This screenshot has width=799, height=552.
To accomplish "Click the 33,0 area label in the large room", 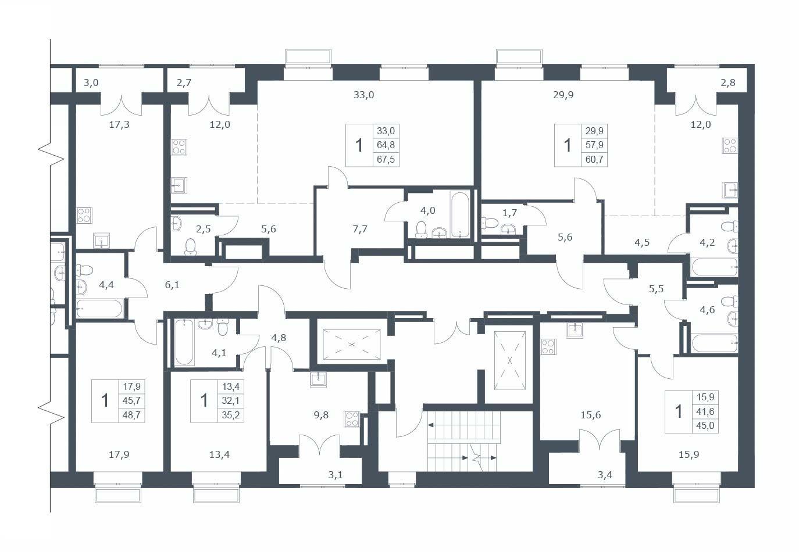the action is click(x=363, y=95).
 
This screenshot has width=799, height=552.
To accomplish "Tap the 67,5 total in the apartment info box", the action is click(x=386, y=159).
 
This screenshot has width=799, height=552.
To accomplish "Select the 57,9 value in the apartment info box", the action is click(x=594, y=145).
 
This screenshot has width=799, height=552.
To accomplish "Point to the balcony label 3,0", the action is click(x=91, y=83).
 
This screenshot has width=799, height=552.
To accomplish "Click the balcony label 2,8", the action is click(x=727, y=83).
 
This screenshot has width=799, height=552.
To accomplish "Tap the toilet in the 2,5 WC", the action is click(x=190, y=246).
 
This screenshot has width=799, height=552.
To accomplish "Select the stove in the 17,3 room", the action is click(x=84, y=215).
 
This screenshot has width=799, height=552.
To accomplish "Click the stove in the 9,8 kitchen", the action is click(x=352, y=419).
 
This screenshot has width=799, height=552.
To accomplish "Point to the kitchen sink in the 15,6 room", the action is click(x=575, y=330).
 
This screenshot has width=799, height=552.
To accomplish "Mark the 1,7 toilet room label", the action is click(x=509, y=213).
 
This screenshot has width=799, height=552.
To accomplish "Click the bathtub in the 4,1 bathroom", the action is click(x=184, y=342).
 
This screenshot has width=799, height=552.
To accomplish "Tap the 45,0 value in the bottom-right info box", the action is click(x=705, y=425).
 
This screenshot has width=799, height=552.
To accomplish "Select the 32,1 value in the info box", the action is click(x=230, y=400).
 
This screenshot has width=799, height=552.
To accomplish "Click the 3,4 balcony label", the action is click(x=605, y=475).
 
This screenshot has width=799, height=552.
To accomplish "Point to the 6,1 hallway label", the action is click(x=172, y=285).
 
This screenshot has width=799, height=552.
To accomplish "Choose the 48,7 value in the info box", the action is click(x=131, y=415).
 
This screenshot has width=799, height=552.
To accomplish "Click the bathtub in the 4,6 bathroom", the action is click(x=715, y=343).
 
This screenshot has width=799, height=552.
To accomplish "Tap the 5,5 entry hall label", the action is click(x=656, y=289).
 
